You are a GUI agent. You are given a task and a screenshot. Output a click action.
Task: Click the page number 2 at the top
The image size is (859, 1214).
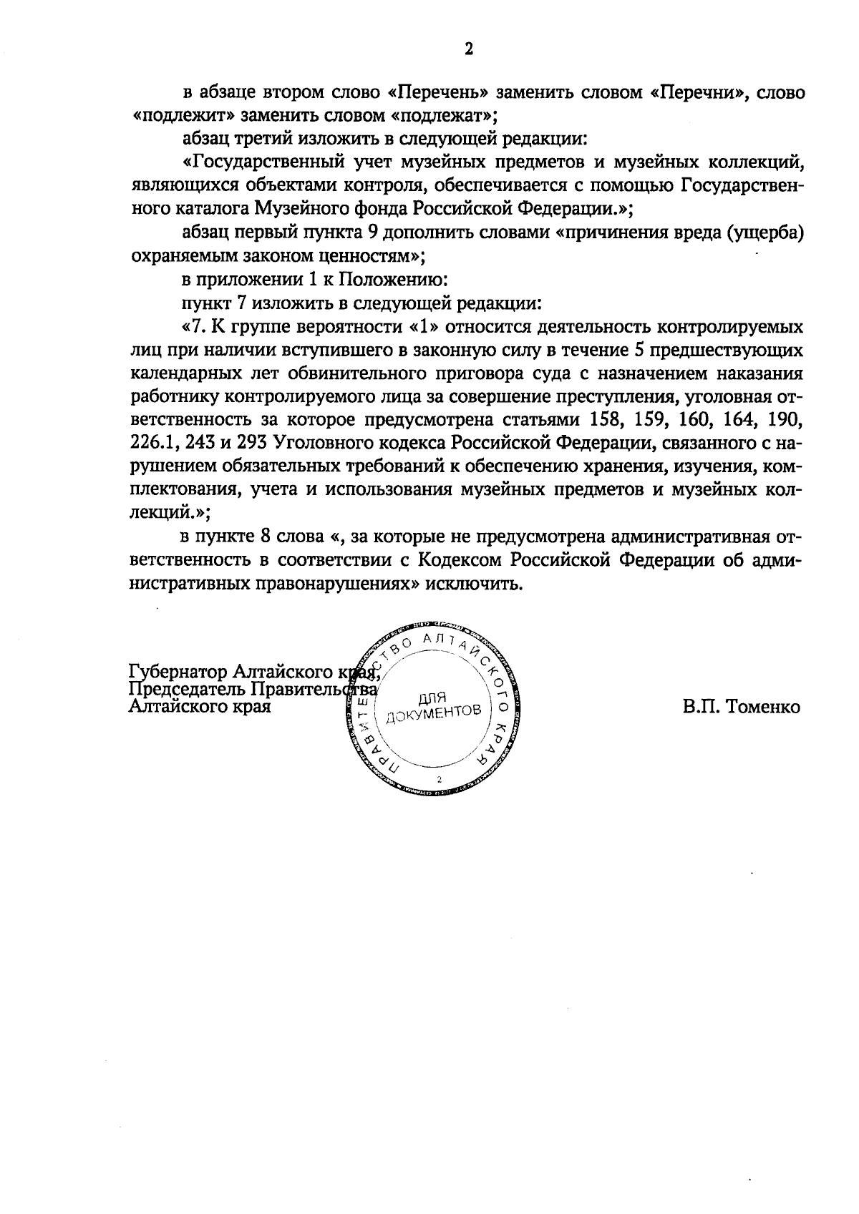point(469,49)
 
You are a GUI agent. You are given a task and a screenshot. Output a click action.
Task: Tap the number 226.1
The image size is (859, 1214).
point(155,443)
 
